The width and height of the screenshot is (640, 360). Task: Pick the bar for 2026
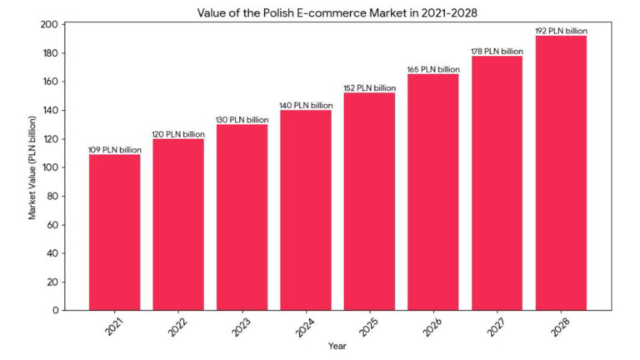[x=433, y=192]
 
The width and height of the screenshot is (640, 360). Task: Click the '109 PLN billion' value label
[x=114, y=150]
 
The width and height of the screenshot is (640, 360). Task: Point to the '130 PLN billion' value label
[x=242, y=120]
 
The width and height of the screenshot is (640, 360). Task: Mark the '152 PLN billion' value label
[x=369, y=88]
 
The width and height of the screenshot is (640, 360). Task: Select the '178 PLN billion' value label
[x=497, y=52]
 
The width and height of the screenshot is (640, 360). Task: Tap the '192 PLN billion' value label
[x=561, y=31]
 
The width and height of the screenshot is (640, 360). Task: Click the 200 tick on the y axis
[x=49, y=24]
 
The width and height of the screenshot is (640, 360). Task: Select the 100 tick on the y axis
[x=49, y=167]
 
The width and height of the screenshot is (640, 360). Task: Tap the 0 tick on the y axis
[x=54, y=310]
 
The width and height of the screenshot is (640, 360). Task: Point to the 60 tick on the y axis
[x=52, y=224]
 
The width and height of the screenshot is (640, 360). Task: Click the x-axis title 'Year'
[x=337, y=345]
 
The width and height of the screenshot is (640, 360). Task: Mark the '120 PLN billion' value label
[x=178, y=134]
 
